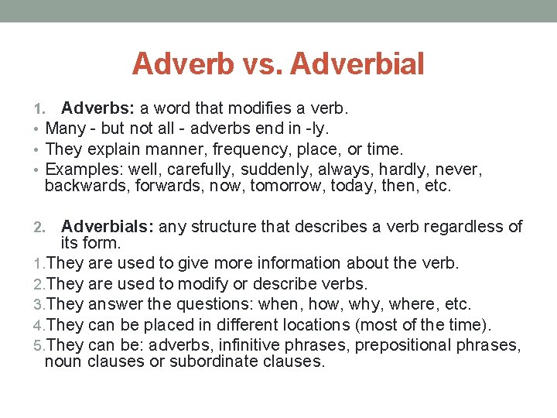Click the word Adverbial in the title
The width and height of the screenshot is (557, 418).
[358, 63]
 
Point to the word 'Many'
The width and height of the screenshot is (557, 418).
[66, 128]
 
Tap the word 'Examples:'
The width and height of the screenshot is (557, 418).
[84, 169]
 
